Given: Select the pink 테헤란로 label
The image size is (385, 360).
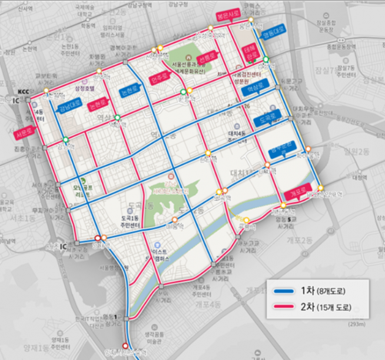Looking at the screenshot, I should [251, 54].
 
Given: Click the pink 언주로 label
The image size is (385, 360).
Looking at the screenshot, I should [160, 76].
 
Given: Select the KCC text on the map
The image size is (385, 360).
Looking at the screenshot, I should [23, 91].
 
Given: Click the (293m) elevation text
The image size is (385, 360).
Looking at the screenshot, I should [357, 325].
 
